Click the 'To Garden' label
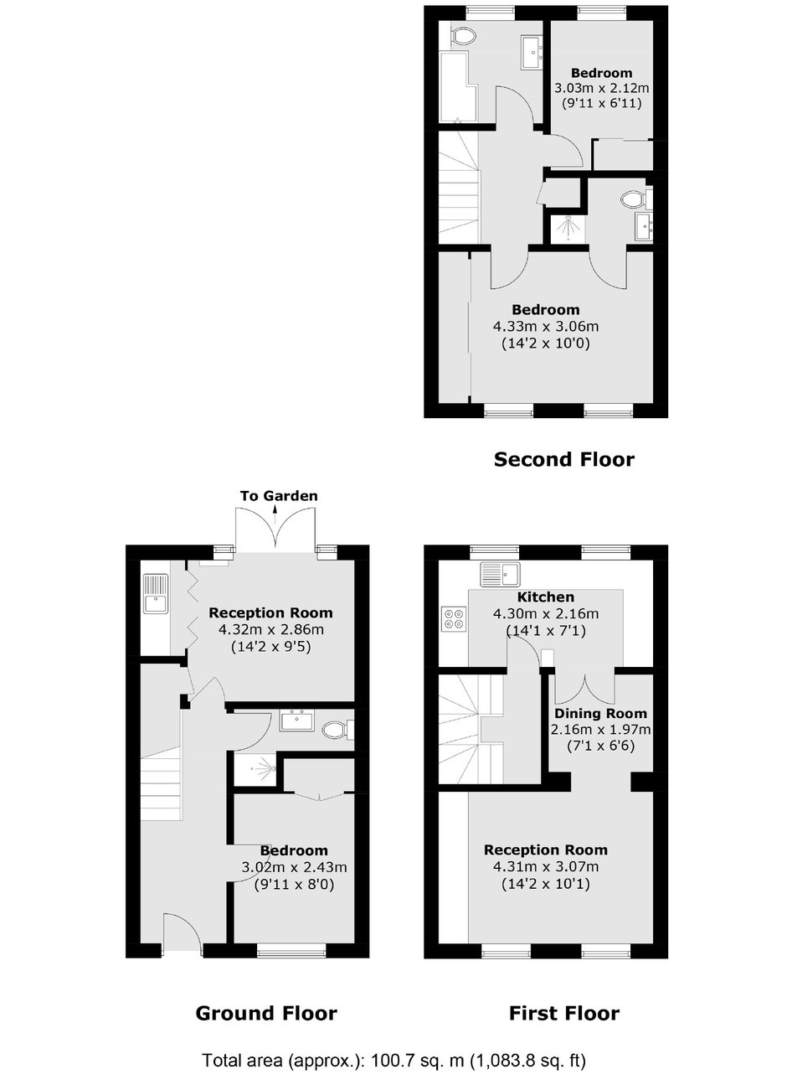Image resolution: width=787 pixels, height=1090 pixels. point(279,496)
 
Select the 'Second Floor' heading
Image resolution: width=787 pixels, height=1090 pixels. point(563,459)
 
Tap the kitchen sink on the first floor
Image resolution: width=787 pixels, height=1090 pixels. point(500,574)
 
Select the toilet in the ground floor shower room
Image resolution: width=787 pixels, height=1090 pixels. point(338,729)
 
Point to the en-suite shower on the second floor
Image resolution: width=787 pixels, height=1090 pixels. point(567,228)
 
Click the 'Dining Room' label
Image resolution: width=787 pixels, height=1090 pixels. point(600,713)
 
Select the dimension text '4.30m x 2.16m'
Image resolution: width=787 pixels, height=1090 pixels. point(545,613)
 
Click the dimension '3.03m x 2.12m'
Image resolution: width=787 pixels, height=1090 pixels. point(601,88)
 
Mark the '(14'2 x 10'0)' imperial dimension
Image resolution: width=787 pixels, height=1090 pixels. point(545,344)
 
